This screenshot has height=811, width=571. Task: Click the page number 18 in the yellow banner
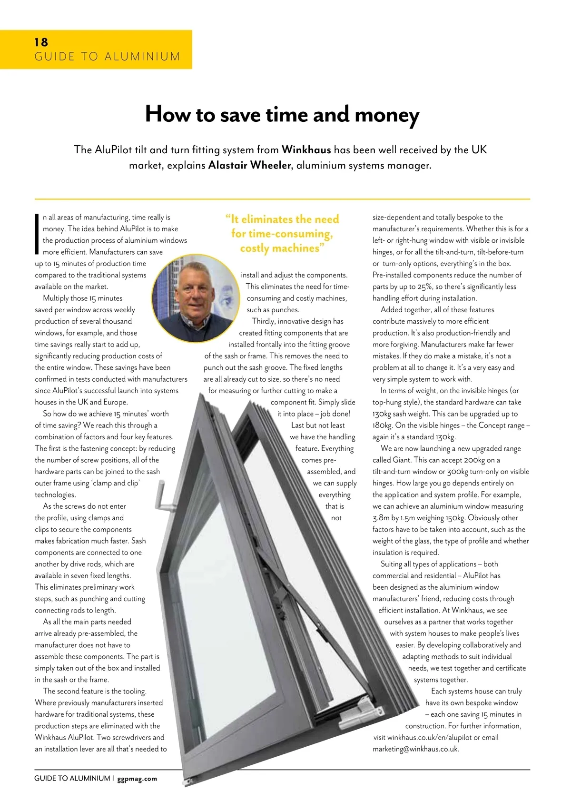coord(41,42)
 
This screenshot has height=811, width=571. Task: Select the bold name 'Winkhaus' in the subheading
coord(306,150)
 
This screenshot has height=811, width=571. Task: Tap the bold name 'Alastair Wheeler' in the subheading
coord(249,166)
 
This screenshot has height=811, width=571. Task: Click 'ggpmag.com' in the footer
coord(137,779)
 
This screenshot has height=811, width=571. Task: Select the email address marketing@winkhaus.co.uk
coord(415,749)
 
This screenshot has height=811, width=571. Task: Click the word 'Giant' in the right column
coord(402,460)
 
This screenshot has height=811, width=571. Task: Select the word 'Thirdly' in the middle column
coord(264,321)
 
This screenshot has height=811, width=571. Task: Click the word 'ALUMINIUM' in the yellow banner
coord(142,57)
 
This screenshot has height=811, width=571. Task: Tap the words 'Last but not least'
coord(318,425)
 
